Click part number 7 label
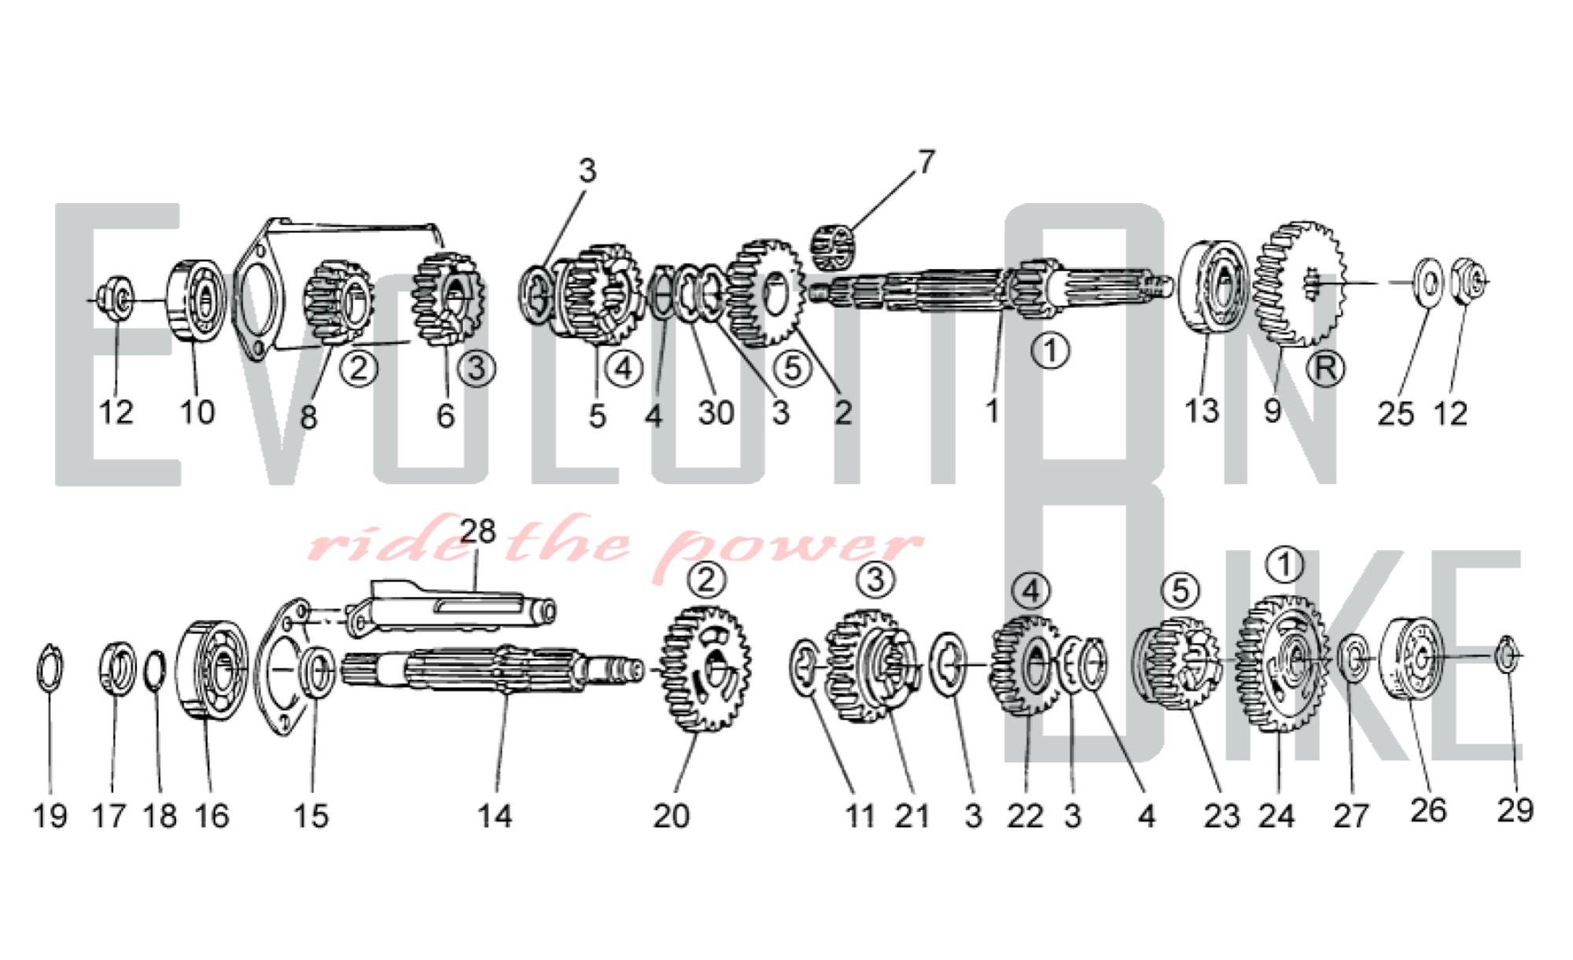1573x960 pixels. [x=926, y=162]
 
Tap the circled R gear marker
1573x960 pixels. [x=1325, y=367]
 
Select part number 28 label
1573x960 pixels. [x=478, y=532]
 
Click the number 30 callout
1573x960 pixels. [x=716, y=412]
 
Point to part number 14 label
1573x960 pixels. [x=495, y=815]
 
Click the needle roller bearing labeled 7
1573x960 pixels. [x=833, y=246]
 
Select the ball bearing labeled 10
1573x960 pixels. [x=196, y=300]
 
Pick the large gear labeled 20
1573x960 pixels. [x=705, y=669]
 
